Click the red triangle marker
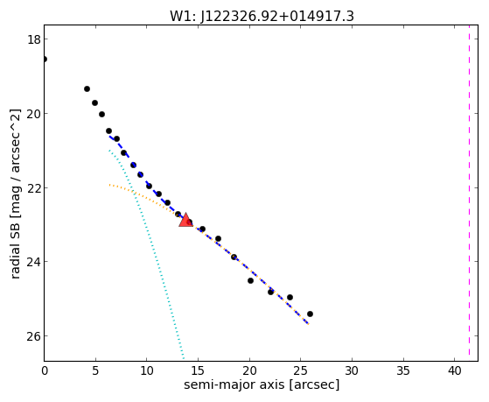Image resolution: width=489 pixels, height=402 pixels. [x=185, y=220]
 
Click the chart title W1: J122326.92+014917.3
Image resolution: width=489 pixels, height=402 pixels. [x=262, y=17]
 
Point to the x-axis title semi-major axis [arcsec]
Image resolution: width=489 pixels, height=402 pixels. [x=262, y=384]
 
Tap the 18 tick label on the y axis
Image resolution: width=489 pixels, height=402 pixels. [x=33, y=39]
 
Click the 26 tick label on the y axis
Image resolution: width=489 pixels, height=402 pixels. [x=33, y=336]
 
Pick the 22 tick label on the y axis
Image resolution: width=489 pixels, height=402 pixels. [x=33, y=188]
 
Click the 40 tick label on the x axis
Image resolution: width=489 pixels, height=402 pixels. [x=455, y=371]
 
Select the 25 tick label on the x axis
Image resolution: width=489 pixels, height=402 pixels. [x=301, y=371]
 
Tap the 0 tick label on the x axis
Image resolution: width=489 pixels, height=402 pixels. [x=45, y=371]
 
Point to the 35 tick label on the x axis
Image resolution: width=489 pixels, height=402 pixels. [x=403, y=371]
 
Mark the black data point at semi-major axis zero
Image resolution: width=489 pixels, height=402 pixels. [x=45, y=59]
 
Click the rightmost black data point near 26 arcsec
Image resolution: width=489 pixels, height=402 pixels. [x=310, y=314]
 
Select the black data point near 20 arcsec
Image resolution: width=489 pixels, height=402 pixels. [x=250, y=281]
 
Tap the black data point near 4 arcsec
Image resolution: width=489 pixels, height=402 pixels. [x=87, y=89]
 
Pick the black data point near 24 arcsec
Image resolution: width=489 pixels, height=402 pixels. [x=290, y=298]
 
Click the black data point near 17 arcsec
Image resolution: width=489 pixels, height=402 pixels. [x=219, y=239]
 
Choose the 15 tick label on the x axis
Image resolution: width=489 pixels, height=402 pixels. [x=198, y=371]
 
